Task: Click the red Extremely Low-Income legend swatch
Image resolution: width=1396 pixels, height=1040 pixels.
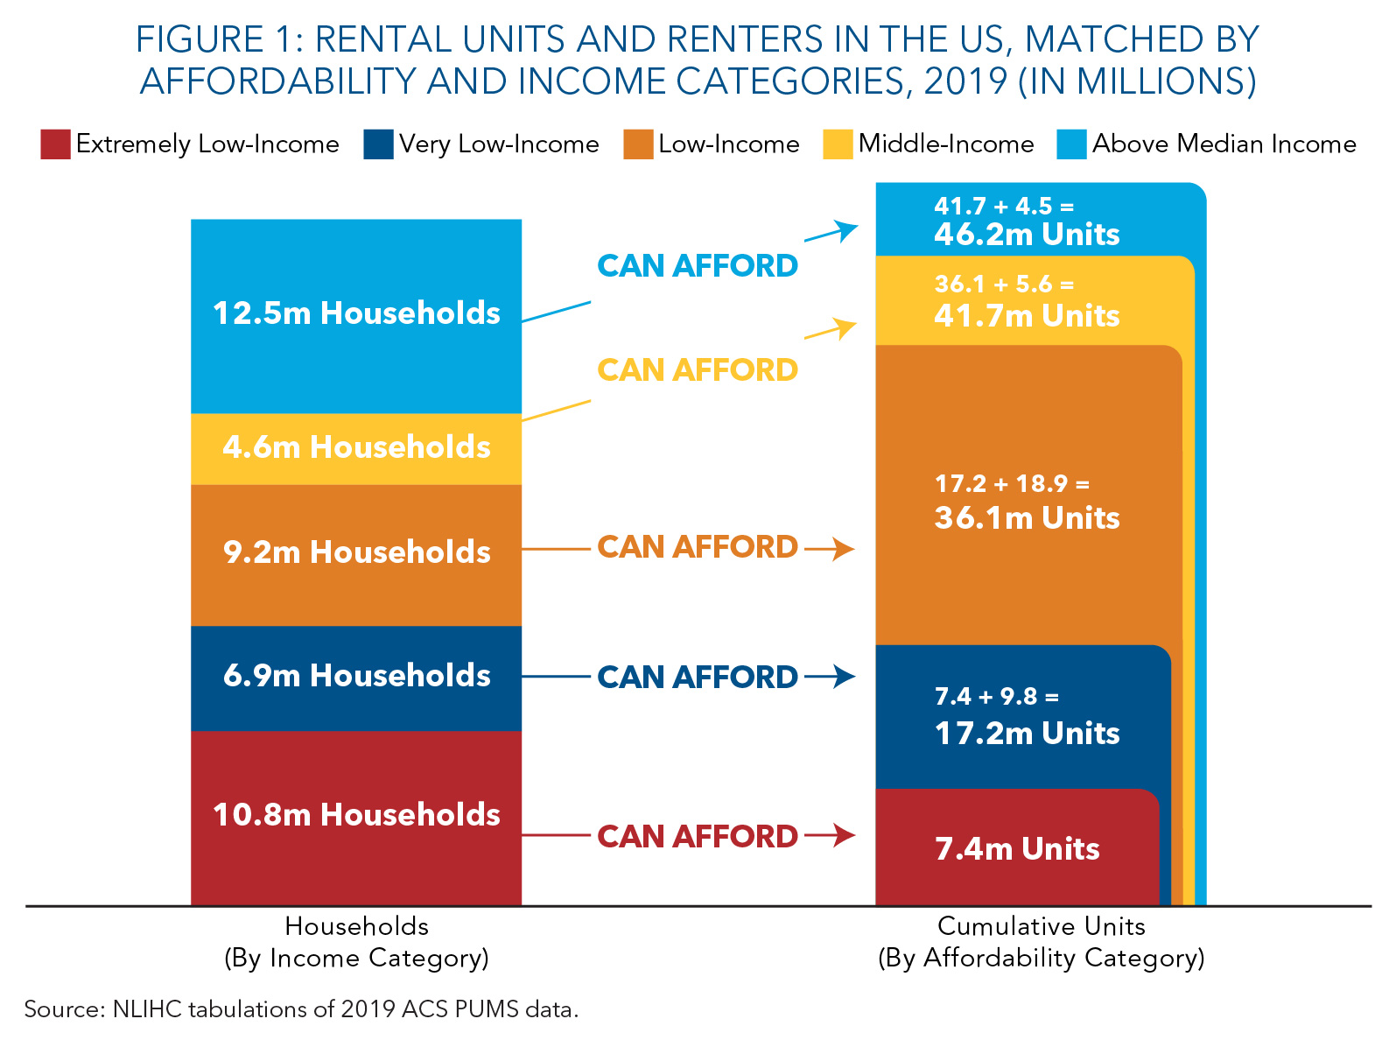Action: (55, 144)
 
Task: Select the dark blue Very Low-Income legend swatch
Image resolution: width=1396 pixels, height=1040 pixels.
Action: (378, 144)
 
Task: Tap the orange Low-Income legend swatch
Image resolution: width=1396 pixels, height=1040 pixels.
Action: (638, 144)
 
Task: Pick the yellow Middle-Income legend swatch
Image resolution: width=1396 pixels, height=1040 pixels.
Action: (838, 144)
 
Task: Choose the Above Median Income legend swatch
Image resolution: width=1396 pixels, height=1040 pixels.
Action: (1071, 144)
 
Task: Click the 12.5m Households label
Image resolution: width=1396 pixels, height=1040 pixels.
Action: (356, 313)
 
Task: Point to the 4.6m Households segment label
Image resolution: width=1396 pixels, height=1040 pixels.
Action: (356, 447)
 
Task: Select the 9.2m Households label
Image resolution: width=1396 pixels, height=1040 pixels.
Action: (356, 552)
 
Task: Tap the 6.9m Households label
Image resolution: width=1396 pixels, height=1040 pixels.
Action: (356, 676)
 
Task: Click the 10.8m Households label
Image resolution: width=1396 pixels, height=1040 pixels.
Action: (356, 815)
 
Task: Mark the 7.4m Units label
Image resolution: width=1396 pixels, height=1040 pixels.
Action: (1017, 849)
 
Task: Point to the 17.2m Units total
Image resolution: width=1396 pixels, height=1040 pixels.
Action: (1027, 734)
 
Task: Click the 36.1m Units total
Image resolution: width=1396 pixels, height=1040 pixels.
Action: (1027, 518)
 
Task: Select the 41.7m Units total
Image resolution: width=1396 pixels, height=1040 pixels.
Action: (1027, 316)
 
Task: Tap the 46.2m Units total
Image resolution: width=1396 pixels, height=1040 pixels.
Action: (1027, 235)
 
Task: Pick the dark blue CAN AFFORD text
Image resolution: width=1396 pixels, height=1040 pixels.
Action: (697, 678)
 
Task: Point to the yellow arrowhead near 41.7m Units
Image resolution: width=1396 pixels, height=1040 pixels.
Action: (845, 327)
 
